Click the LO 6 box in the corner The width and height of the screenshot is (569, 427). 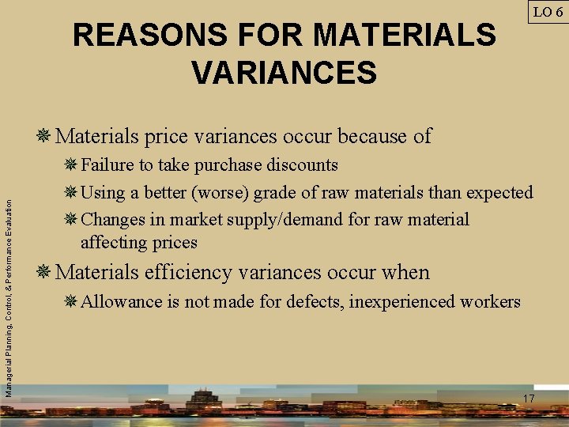tap(547, 12)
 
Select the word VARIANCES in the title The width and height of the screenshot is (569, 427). tap(284, 73)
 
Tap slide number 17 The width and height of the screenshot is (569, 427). tap(528, 399)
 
